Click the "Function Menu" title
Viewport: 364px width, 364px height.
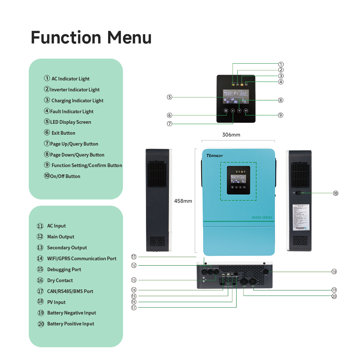coord(91,37)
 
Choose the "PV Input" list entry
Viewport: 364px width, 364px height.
coord(56,302)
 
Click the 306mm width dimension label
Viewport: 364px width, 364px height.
coord(231,135)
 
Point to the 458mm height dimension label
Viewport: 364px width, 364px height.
coord(183,201)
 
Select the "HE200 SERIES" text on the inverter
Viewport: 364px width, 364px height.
coord(262,217)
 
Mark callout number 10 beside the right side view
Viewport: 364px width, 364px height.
coord(336,193)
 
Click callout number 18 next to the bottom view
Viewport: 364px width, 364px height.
coord(334,272)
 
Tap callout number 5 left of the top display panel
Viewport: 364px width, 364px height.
coord(170,97)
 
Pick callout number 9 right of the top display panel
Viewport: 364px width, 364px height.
coord(281,115)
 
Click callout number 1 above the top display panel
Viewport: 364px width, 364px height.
coord(281,64)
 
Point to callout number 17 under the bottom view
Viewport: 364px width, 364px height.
coord(134,308)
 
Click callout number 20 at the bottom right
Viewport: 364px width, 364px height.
coord(334,296)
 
